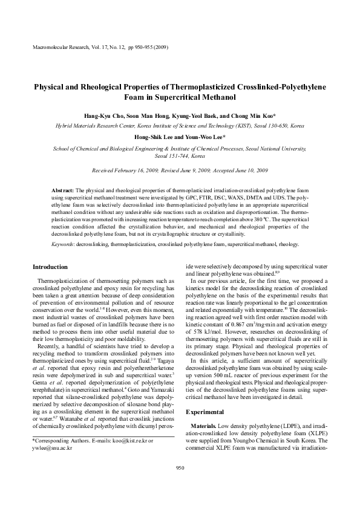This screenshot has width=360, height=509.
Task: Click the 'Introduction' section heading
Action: [50, 267]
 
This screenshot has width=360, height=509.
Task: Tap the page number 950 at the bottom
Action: [180, 485]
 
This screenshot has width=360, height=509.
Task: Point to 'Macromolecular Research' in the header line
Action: [56, 47]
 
